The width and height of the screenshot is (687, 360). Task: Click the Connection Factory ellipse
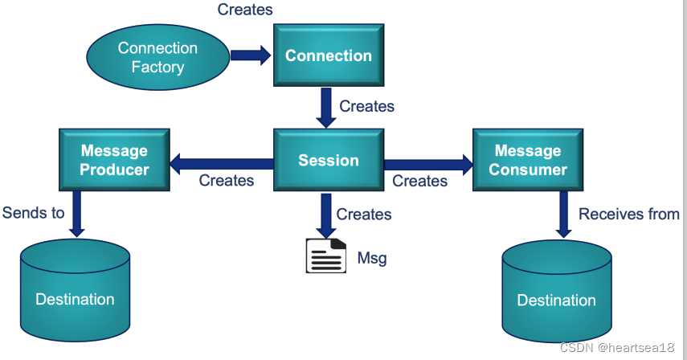[157, 57]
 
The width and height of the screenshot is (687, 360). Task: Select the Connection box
[328, 55]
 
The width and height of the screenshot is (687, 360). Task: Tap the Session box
[328, 160]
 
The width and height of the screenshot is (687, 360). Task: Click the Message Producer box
[114, 160]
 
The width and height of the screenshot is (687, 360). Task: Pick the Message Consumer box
[527, 160]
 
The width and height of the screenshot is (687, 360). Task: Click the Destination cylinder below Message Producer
[75, 292]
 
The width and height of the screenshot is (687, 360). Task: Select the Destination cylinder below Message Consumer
[556, 294]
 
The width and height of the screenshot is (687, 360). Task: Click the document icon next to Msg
[325, 256]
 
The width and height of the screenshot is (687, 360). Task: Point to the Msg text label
[372, 258]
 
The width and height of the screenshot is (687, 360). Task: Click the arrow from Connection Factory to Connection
[251, 55]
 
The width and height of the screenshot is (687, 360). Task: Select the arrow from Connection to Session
[325, 108]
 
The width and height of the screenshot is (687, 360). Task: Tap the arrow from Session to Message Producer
[222, 164]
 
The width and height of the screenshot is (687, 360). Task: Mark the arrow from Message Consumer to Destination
[563, 215]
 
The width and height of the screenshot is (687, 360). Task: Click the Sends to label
[33, 213]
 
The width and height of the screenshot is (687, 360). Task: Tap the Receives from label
[628, 214]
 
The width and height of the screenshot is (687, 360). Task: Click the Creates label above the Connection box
[245, 10]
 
